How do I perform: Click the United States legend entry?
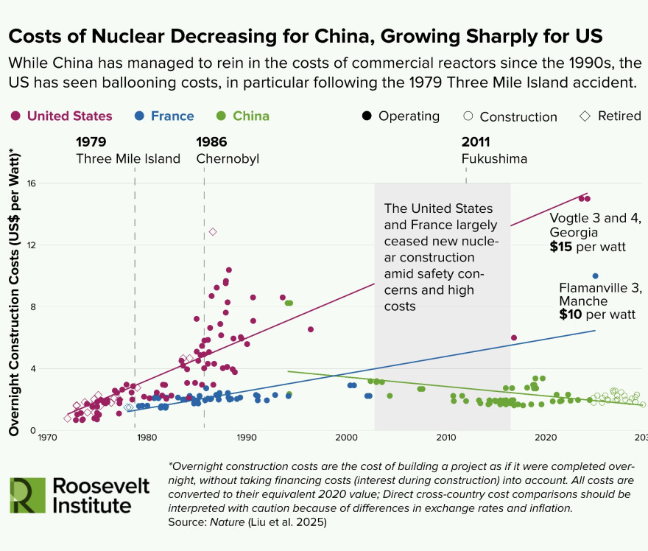tap(62, 116)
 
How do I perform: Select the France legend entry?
tap(164, 116)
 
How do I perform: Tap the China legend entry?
tap(243, 116)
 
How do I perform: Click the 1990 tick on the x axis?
tap(247, 438)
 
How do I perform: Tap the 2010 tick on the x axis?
tap(446, 438)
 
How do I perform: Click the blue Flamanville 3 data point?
tap(596, 276)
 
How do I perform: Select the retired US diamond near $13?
tap(213, 232)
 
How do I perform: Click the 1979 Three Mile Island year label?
tap(91, 142)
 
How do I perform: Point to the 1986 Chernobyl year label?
tap(211, 142)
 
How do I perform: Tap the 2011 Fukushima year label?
tap(476, 142)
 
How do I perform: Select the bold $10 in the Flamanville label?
tap(571, 315)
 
